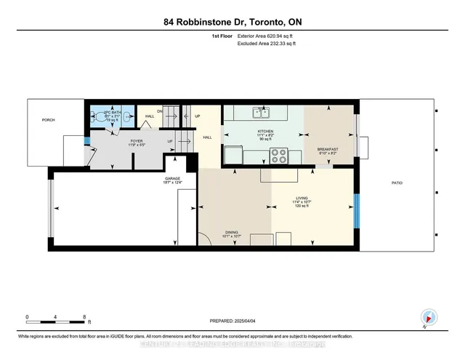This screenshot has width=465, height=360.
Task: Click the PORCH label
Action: [48, 120]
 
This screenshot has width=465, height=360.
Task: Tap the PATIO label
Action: [396, 183]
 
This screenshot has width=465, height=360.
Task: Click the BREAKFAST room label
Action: [328, 149]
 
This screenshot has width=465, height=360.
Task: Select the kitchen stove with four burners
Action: [280, 155]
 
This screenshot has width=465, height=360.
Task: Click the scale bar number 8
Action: [86, 317]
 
